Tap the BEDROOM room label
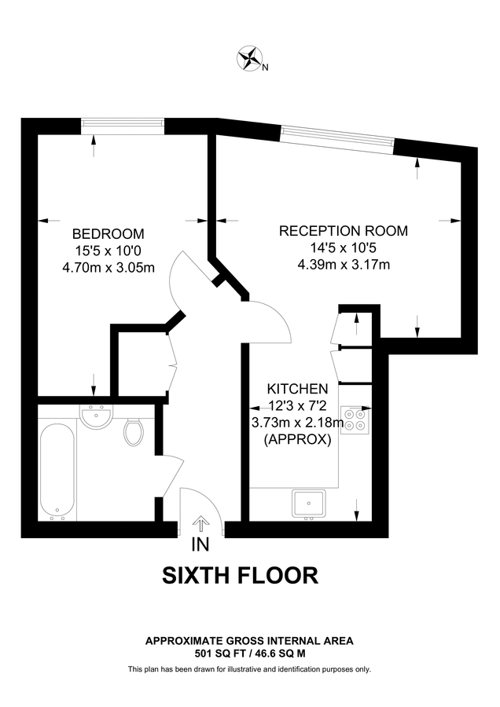108,233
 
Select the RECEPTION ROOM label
344,231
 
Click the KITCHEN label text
297,389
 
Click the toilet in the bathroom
133,431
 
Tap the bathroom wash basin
97,416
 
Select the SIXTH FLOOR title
240,576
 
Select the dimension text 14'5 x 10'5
344,248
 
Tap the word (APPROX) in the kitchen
297,440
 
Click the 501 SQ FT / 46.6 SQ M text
249,653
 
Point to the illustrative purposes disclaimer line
249,669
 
